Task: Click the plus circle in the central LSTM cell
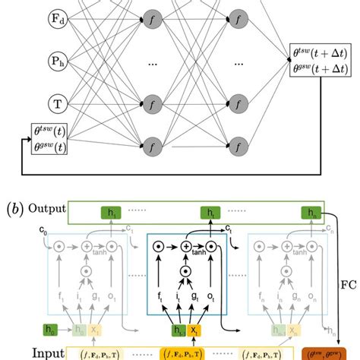(x=185, y=245)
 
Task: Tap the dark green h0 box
(x=49, y=330)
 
